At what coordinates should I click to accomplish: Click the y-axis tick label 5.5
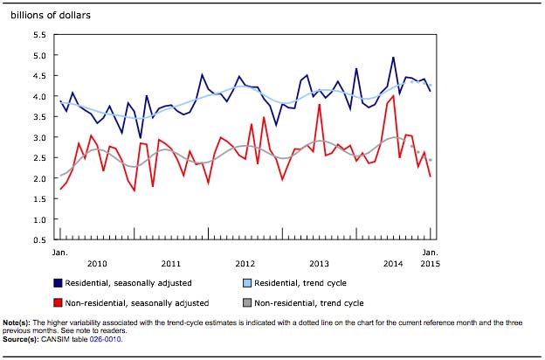click(x=39, y=35)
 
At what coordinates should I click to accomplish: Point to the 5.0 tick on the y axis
click(x=39, y=55)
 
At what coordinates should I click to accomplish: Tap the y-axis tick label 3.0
click(x=39, y=137)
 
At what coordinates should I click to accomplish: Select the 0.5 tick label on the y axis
click(x=39, y=239)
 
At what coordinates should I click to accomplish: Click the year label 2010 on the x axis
click(x=97, y=263)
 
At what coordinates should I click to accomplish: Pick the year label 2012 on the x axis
click(x=245, y=263)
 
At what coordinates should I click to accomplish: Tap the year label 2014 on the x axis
click(x=392, y=263)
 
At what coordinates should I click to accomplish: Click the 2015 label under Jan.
click(x=431, y=263)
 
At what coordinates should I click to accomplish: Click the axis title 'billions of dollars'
click(x=50, y=15)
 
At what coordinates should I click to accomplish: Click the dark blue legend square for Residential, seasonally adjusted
click(x=59, y=283)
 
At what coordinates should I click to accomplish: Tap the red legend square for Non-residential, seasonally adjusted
click(x=59, y=303)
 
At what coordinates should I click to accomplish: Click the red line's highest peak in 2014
click(x=394, y=96)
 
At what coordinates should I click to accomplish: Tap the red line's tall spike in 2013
click(x=320, y=105)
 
